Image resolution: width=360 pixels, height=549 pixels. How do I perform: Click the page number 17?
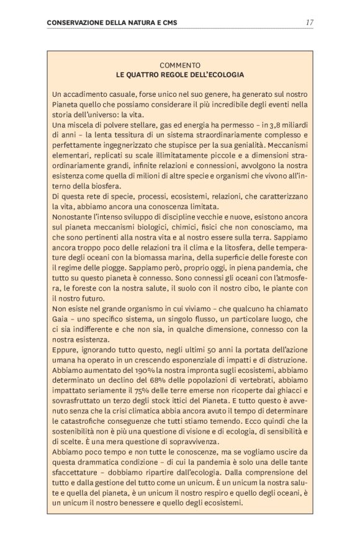click(309, 22)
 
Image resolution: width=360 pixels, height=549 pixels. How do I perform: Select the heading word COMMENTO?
click(179, 65)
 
